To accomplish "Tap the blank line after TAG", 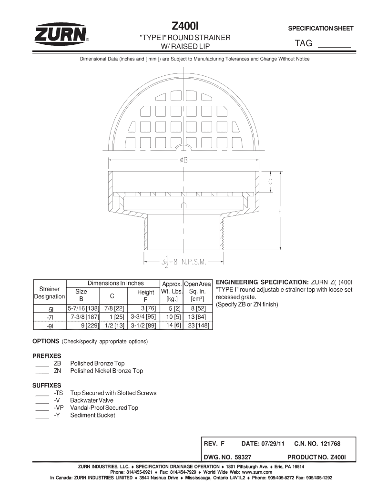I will click(x=334, y=46).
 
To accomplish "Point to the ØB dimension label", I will click(x=184, y=161).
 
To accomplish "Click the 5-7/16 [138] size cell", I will click(x=83, y=309).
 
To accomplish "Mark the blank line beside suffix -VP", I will click(x=42, y=409).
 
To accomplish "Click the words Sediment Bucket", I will click(x=92, y=415).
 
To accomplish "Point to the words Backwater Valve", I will click(x=92, y=400).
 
